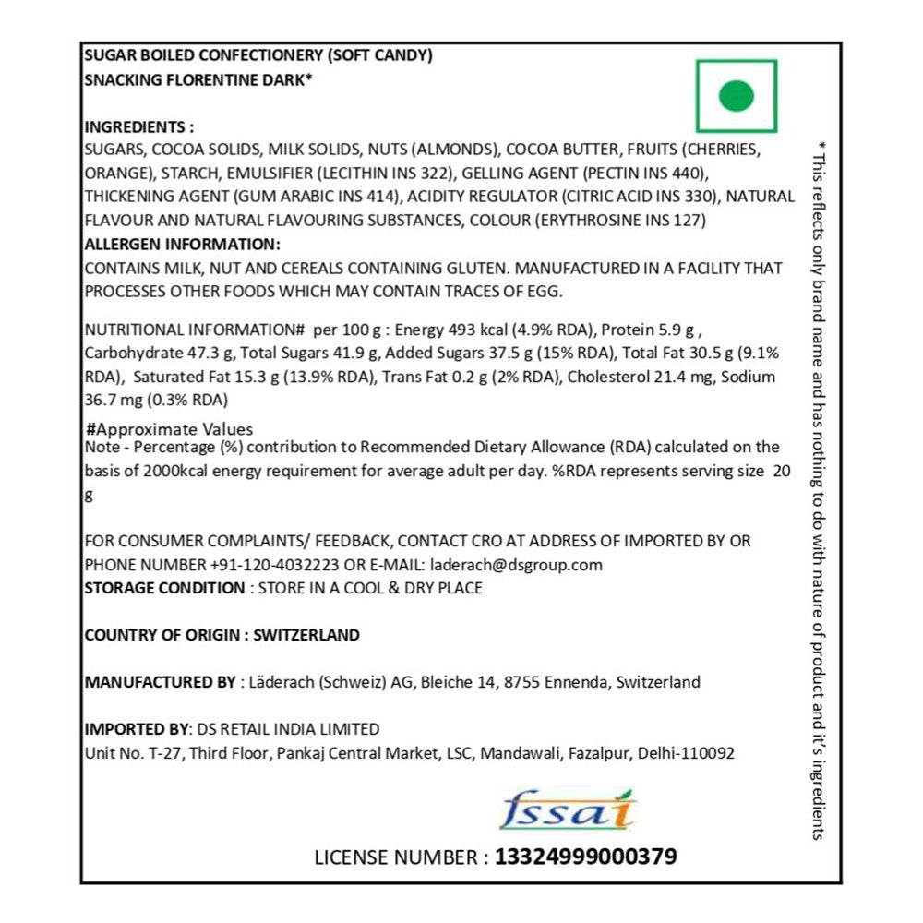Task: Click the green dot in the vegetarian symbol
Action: [736, 95]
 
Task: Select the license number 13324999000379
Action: [586, 857]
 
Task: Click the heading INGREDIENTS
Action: [138, 127]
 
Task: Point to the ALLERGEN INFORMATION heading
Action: [181, 245]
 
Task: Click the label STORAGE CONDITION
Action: [164, 588]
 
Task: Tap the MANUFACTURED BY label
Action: [160, 683]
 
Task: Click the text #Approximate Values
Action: [169, 429]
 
